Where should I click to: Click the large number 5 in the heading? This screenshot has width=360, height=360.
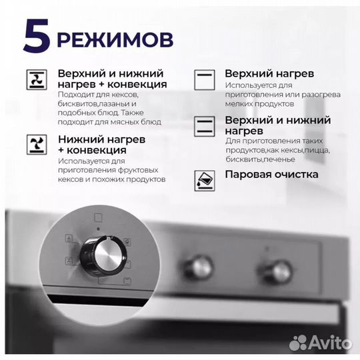tap(36, 37)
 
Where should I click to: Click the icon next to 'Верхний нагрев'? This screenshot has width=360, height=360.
tap(203, 79)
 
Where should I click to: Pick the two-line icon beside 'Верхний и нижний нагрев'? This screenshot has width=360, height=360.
tap(203, 126)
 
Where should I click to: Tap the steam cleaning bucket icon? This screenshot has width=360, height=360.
tap(203, 178)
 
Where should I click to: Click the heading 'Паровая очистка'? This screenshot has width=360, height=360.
tap(271, 175)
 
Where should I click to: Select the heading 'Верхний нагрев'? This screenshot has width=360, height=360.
tap(269, 73)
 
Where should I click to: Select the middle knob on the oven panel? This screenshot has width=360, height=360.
tap(199, 267)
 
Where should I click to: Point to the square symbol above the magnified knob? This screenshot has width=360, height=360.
tap(98, 217)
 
